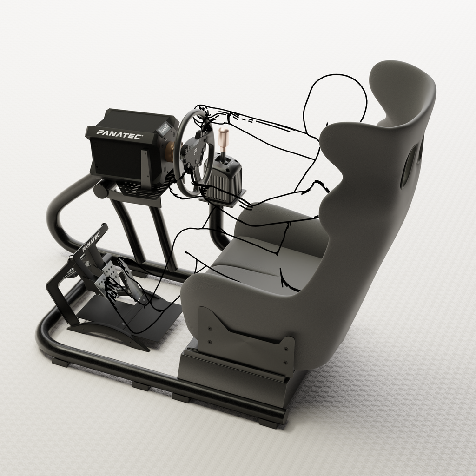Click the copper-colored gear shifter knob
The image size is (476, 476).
click(224, 137)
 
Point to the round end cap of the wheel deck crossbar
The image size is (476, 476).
click(100, 191)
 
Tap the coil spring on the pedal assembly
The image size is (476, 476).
click(71, 272)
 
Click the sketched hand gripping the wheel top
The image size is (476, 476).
click(205, 114)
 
